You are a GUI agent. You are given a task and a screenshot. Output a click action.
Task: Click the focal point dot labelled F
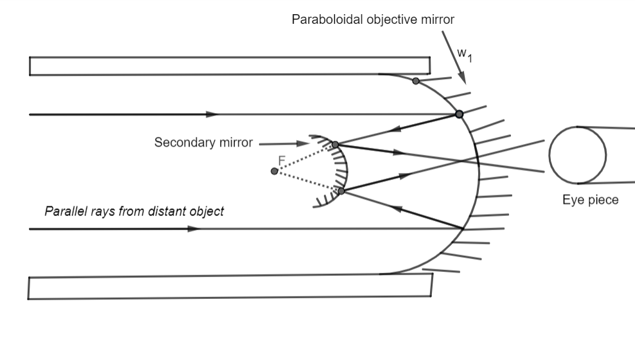pyautogui.click(x=274, y=171)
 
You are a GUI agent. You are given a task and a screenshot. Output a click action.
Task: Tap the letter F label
pyautogui.click(x=282, y=160)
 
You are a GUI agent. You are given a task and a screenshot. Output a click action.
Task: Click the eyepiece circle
pyautogui.click(x=577, y=154)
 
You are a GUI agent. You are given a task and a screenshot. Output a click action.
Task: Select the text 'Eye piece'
pyautogui.click(x=590, y=200)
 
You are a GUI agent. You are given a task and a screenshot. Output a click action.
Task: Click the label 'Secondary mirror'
pyautogui.click(x=203, y=143)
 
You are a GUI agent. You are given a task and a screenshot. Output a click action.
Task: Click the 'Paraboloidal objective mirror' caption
pyautogui.click(x=373, y=20)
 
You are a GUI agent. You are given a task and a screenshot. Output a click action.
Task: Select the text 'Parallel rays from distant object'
pyautogui.click(x=134, y=211)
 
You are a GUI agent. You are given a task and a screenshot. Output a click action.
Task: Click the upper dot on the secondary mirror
pyautogui.click(x=335, y=145)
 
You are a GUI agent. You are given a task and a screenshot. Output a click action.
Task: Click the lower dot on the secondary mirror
pyautogui.click(x=341, y=191)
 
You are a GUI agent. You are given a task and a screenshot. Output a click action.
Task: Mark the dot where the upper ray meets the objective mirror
pyautogui.click(x=459, y=114)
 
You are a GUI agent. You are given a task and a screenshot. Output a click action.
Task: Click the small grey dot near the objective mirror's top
pyautogui.click(x=416, y=81)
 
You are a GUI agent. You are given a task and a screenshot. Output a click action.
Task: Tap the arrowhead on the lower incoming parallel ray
pyautogui.click(x=193, y=228)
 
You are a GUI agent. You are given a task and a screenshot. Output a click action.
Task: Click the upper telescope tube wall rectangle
pyautogui.click(x=229, y=66)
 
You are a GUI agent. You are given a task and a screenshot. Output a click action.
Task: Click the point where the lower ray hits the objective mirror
pyautogui.click(x=463, y=228)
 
